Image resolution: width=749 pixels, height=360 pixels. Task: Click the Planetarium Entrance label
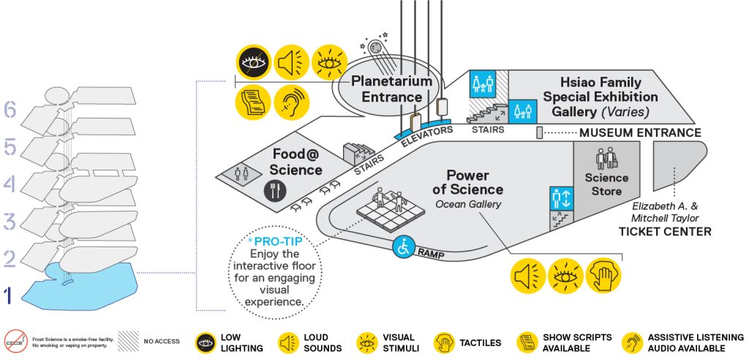pos(392,89)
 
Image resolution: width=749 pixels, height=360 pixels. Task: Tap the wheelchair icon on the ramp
pos(403,247)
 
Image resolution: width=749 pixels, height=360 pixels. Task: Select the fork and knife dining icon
pos(276,190)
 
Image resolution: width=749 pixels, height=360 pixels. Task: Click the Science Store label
pos(606,184)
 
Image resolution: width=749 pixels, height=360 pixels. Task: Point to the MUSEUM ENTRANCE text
pos(640,133)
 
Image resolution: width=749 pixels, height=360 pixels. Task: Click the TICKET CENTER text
pos(665,232)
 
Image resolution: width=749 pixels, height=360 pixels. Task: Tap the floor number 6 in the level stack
pos(10,110)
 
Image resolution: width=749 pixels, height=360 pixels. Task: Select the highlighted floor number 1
pos(7,296)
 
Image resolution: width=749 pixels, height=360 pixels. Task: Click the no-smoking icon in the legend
pos(16,342)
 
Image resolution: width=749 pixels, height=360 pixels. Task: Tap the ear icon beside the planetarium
pos(292,102)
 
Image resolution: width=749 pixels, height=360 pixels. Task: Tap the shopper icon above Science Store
pos(606,159)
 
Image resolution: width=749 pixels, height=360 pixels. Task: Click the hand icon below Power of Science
pos(603,277)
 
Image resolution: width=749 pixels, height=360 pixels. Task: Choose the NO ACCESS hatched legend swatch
pos(129,342)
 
